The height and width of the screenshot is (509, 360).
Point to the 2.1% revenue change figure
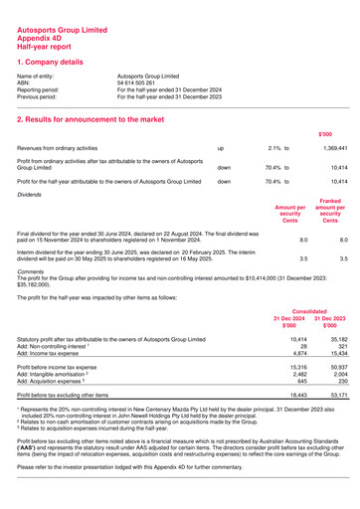click(x=275, y=146)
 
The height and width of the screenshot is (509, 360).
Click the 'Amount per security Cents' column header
click(x=289, y=213)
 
